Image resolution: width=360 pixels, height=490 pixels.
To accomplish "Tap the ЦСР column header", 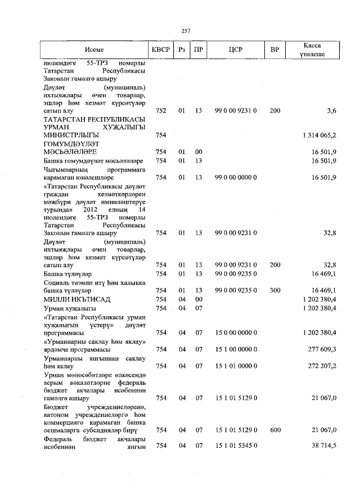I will pyautogui.click(x=236, y=50).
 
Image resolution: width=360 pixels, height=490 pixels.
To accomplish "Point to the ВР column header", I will pyautogui.click(x=274, y=50).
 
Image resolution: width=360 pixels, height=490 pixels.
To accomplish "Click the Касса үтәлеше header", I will pyautogui.click(x=312, y=50).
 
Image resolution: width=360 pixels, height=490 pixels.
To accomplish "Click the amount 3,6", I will pyautogui.click(x=331, y=111).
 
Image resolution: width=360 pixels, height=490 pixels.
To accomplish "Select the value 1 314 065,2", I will pyautogui.click(x=319, y=136).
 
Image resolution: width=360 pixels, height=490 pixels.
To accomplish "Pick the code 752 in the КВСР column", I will pyautogui.click(x=160, y=111).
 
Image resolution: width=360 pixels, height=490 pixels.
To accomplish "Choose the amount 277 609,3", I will pyautogui.click(x=320, y=349).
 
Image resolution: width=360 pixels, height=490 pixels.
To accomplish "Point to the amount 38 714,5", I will pyautogui.click(x=320, y=446).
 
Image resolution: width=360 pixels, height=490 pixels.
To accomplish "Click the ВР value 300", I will pyautogui.click(x=274, y=290).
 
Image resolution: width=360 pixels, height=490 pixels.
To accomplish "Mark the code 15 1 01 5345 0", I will pyautogui.click(x=236, y=446).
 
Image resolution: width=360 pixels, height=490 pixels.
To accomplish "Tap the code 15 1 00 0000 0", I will pyautogui.click(x=236, y=349).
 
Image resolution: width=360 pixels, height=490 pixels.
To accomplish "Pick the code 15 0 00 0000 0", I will pyautogui.click(x=236, y=333).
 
